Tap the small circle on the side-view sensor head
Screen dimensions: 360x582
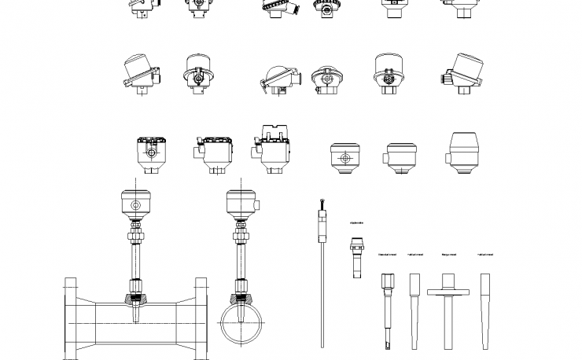tap(135, 207)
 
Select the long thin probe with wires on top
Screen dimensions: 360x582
tap(323, 275)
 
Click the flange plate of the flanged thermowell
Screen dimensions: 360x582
tap(448, 292)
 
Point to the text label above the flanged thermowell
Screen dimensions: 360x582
tap(448, 255)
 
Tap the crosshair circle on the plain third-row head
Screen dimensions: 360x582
tap(344, 158)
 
